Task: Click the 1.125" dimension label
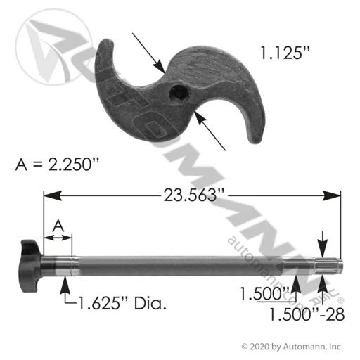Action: pos(285,53)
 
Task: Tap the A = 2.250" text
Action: pos(57,164)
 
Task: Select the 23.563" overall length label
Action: pos(193,195)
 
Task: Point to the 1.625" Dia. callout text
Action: pos(122,304)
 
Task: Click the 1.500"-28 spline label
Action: pos(307,314)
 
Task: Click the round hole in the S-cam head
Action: pos(180,93)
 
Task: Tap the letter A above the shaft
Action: pos(58,226)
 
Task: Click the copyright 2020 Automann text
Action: pos(292,347)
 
